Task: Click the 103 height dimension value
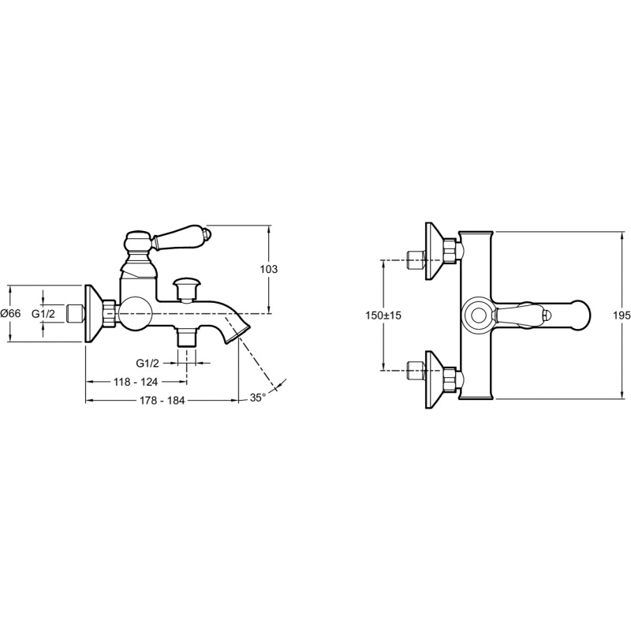point(269,270)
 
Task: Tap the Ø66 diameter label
point(11,314)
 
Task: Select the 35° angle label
point(258,398)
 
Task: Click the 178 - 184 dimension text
point(163,401)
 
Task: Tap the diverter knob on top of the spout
point(187,284)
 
